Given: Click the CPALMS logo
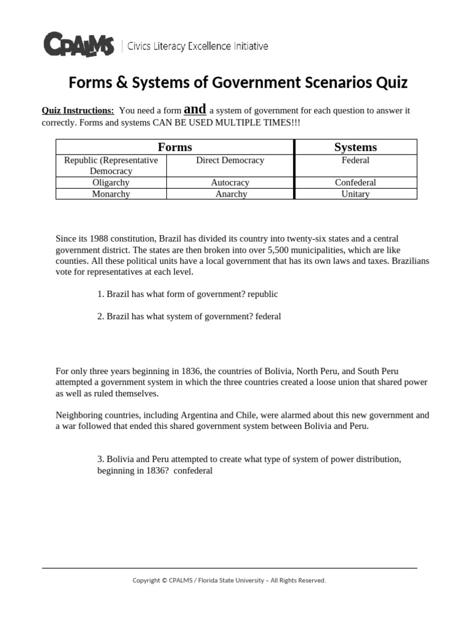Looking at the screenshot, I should tap(78, 45).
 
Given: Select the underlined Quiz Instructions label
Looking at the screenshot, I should tap(78, 111).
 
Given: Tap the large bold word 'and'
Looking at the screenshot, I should tap(195, 109).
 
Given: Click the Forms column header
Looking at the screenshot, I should tap(175, 147).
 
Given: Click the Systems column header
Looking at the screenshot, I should tap(355, 147).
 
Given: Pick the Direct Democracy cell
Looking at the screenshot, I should tap(230, 160).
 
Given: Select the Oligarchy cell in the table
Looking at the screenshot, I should tap(111, 182).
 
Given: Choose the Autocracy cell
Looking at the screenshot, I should tap(230, 182).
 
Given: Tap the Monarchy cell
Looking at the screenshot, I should tap(111, 193).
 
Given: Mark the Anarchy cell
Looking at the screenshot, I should tap(231, 193).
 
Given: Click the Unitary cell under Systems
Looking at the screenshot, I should tap(355, 193).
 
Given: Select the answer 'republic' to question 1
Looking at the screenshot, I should tap(264, 294).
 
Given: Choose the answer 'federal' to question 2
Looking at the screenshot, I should tap(266, 316).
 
